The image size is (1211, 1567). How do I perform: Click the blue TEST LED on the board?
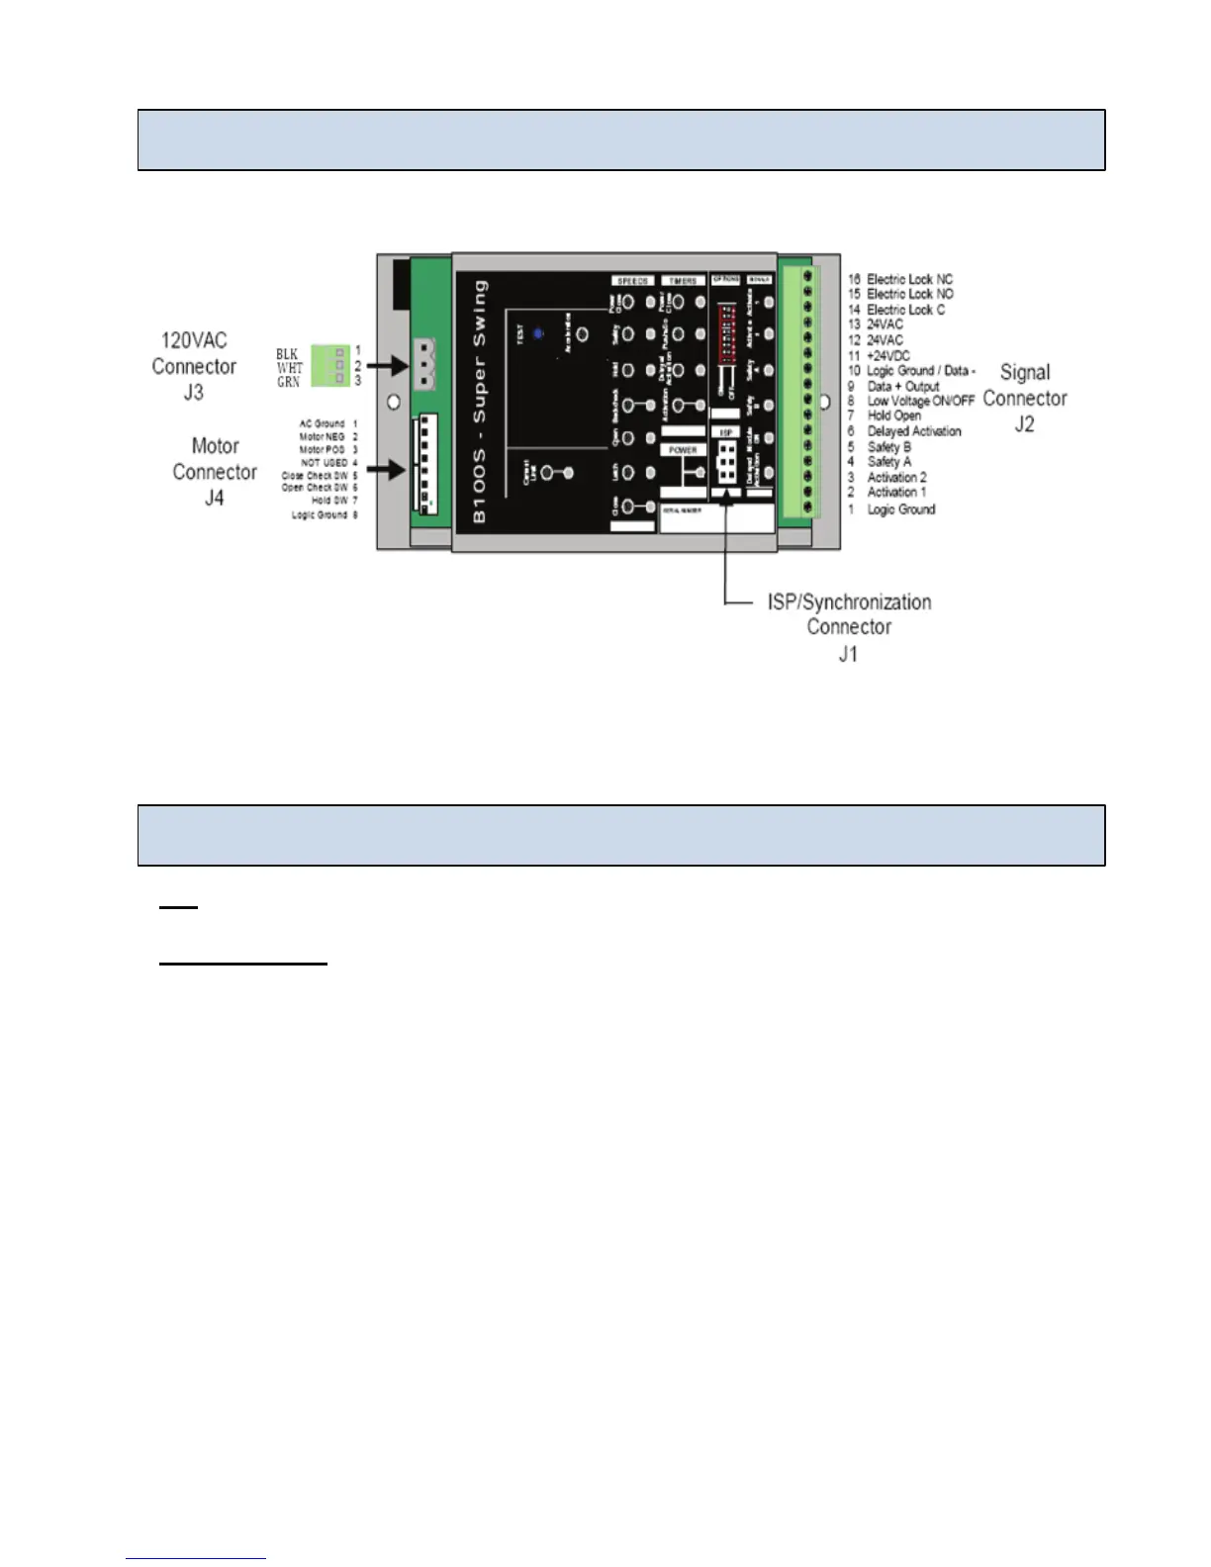(x=538, y=334)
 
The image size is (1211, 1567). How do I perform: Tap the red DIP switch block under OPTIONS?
(x=726, y=326)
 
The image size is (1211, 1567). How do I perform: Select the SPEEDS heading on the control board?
(x=632, y=281)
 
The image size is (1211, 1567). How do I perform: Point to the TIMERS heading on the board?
(x=683, y=281)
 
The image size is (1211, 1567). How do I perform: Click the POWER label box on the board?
(x=683, y=450)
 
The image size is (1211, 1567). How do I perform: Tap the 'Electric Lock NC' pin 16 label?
(x=909, y=280)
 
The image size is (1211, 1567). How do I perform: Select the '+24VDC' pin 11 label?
(x=888, y=355)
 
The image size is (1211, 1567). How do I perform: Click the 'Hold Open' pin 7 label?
(x=893, y=415)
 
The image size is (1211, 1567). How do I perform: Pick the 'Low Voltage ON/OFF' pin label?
(x=920, y=401)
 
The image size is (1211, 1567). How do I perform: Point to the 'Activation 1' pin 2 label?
(x=896, y=492)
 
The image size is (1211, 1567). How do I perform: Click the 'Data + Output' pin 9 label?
(x=902, y=386)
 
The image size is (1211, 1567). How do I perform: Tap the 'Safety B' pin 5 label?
(x=888, y=447)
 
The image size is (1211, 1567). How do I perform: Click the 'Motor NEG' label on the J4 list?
(x=322, y=436)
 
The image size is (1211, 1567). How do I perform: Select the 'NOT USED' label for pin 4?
(x=324, y=462)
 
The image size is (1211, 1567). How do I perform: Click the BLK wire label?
(x=287, y=353)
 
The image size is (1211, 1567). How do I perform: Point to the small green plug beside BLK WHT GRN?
(x=330, y=366)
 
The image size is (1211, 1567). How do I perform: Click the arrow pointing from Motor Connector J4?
(x=387, y=469)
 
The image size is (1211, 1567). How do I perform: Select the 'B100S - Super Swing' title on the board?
(x=480, y=401)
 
